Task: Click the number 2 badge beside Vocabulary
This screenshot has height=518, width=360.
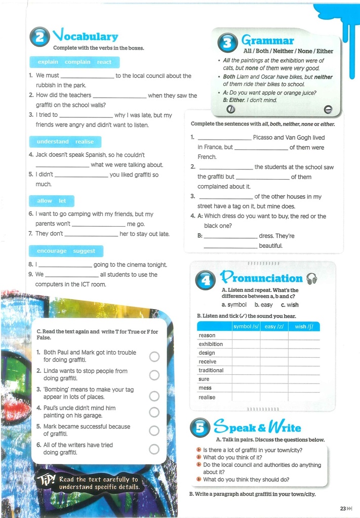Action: [40, 37]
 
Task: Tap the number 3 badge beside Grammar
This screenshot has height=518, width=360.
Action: [227, 42]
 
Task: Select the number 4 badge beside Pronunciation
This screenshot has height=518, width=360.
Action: [205, 280]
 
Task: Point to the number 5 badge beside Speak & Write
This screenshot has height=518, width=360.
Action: [200, 428]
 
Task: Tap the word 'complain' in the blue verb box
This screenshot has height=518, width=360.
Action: [77, 62]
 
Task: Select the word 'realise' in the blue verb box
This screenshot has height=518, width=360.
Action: [85, 142]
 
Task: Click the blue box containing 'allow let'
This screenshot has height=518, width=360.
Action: [52, 201]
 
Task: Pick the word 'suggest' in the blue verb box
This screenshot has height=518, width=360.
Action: [84, 251]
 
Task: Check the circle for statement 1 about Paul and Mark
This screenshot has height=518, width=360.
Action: [154, 357]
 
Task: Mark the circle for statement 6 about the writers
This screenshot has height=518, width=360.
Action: [154, 449]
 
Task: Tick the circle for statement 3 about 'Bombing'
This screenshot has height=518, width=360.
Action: [154, 396]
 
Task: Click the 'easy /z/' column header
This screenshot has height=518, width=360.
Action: [274, 327]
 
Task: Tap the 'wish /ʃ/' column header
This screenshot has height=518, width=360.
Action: [304, 327]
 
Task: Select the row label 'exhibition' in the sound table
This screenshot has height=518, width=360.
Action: [211, 344]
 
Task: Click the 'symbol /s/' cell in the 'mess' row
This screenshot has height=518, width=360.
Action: [246, 388]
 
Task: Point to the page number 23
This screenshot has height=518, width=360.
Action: [343, 508]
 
